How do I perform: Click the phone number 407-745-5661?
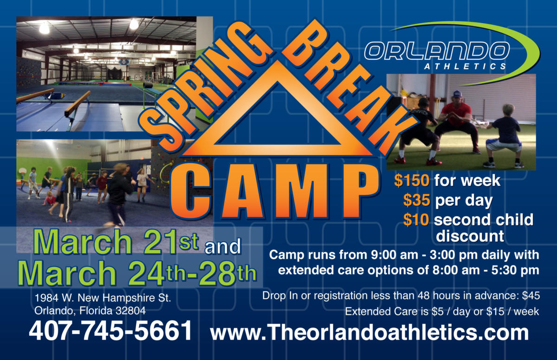pyautogui.click(x=110, y=331)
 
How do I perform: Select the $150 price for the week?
pyautogui.click(x=412, y=180)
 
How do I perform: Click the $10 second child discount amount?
pyautogui.click(x=416, y=219)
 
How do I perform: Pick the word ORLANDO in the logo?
pyautogui.click(x=437, y=51)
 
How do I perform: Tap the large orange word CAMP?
pyautogui.click(x=275, y=191)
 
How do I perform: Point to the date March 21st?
pyautogui.click(x=116, y=242)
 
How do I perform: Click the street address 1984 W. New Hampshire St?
pyautogui.click(x=103, y=298)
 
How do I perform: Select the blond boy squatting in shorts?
pyautogui.click(x=505, y=135)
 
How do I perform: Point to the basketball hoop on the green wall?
pyautogui.click(x=23, y=171)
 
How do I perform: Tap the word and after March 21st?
pyautogui.click(x=223, y=247)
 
